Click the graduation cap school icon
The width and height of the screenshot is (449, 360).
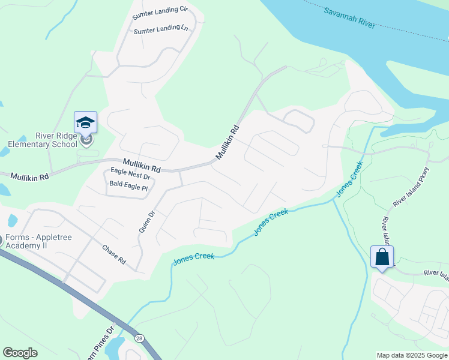pos(85,122)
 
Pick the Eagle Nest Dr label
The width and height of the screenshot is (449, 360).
pos(130,175)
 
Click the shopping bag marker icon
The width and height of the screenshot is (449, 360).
pos(382,257)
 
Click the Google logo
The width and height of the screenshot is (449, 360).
pos(20,353)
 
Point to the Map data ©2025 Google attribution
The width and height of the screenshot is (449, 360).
pos(411,355)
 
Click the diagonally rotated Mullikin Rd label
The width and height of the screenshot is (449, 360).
pos(228,142)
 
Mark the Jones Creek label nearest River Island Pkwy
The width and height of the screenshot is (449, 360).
pos(349,178)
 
